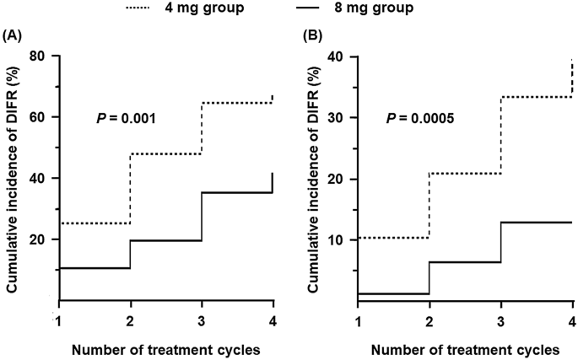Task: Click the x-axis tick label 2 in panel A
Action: [x=130, y=320]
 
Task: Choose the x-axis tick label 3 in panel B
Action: [x=501, y=320]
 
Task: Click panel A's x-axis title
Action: [x=165, y=348]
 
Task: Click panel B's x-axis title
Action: [x=465, y=348]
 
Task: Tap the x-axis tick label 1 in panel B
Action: [x=359, y=320]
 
